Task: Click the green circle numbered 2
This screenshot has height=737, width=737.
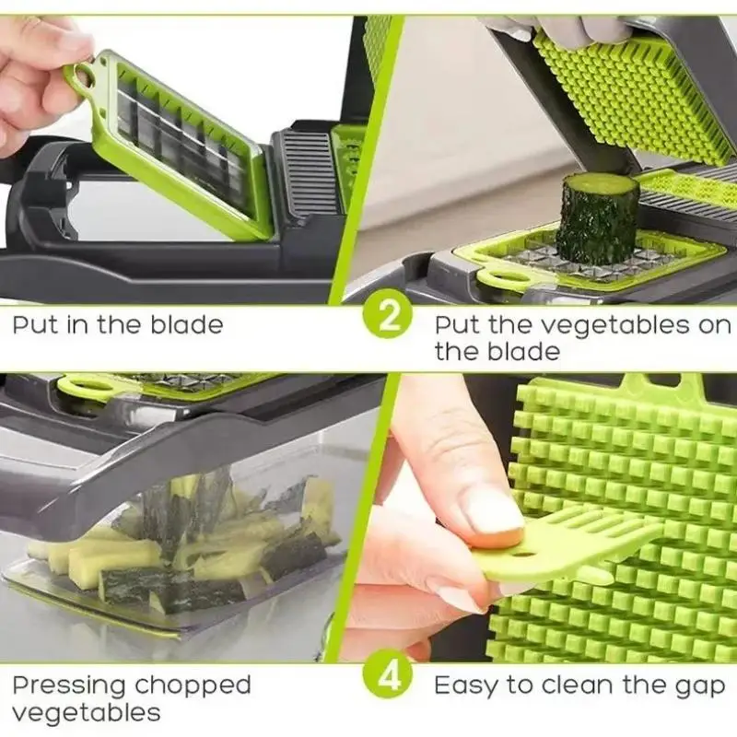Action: [x=388, y=314]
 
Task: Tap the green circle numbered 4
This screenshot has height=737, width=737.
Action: [x=388, y=674]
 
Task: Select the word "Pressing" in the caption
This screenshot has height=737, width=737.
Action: [x=68, y=686]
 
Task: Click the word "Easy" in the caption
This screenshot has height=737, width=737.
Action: [x=465, y=686]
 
